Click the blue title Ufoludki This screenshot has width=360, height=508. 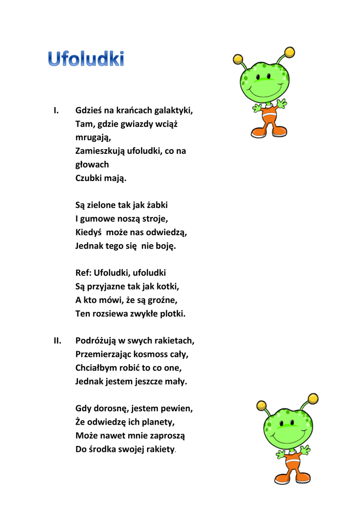(85, 59)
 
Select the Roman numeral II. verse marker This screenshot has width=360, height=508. (58, 341)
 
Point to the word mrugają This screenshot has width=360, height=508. (93, 137)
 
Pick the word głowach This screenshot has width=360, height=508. (92, 164)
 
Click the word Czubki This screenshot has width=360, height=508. (88, 178)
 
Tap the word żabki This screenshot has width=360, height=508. (162, 205)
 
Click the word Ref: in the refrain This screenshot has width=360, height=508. (83, 273)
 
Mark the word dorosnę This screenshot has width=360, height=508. (111, 409)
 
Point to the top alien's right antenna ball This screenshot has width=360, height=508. (288, 53)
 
